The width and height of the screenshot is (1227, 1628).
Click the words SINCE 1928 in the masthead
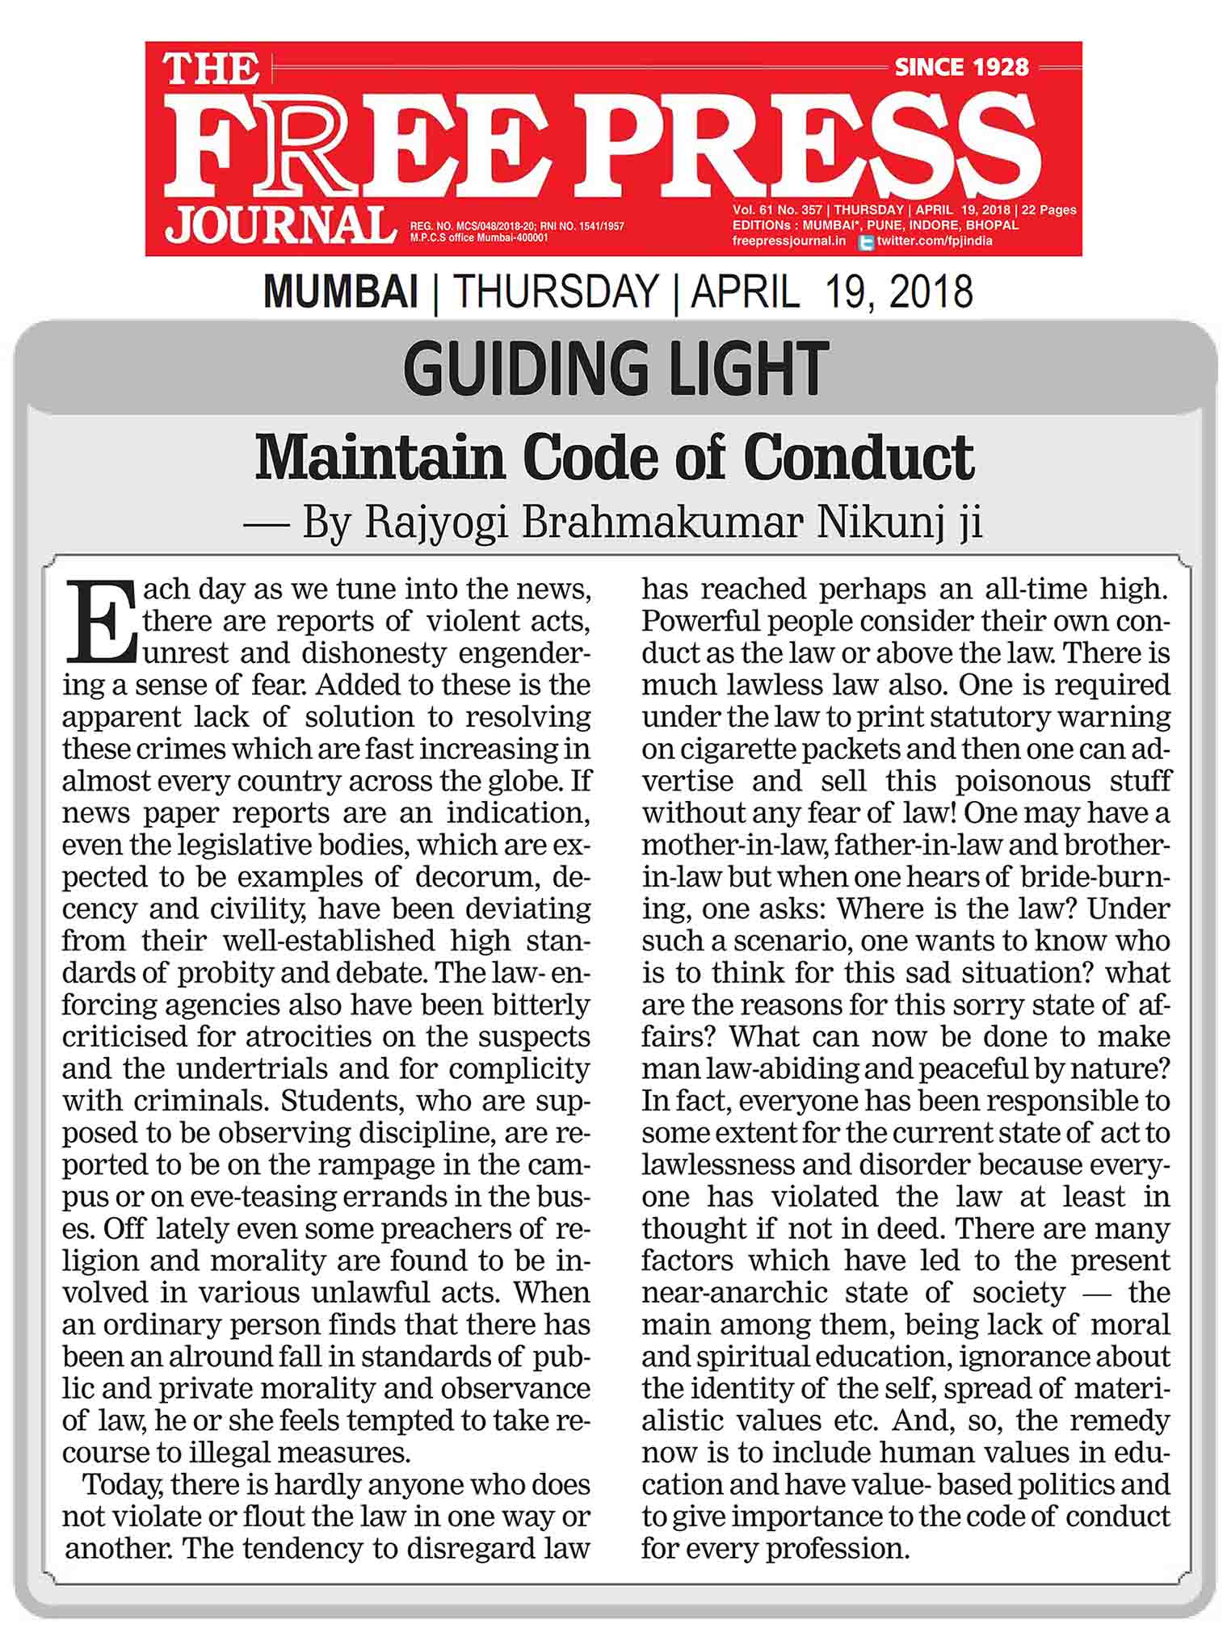click(x=961, y=67)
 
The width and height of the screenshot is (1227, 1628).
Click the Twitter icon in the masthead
click(x=866, y=241)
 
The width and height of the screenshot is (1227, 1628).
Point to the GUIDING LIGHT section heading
click(x=616, y=368)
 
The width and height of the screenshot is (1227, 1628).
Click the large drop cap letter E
click(x=100, y=619)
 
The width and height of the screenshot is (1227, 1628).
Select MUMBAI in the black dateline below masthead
click(x=340, y=292)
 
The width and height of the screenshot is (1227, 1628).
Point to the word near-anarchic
click(x=736, y=1293)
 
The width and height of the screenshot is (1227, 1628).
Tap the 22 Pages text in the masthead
click(x=1048, y=210)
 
